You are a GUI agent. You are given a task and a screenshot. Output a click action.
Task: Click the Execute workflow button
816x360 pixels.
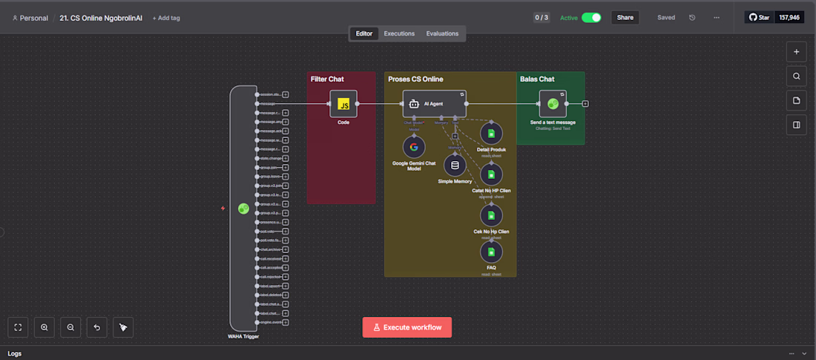pos(407,327)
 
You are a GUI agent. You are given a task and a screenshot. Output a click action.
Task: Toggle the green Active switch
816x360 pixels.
pos(591,17)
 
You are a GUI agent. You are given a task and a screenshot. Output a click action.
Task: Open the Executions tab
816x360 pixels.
pos(399,33)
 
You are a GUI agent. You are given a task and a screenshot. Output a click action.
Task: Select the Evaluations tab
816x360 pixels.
pos(442,33)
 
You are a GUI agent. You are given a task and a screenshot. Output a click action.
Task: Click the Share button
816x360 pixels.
pos(625,17)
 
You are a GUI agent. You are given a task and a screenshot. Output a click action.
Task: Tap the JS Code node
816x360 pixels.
pos(343,104)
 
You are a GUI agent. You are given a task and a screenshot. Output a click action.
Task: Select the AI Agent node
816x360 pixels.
pos(434,104)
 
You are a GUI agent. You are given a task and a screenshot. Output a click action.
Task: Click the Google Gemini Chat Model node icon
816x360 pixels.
pos(414,146)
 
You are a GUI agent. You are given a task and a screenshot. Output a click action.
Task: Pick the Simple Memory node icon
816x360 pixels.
pos(455,165)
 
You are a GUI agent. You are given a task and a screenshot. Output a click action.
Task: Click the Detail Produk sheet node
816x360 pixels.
pos(490,134)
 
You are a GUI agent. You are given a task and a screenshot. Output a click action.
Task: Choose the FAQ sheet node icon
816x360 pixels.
pos(490,252)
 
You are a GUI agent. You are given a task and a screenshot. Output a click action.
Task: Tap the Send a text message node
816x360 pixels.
pos(553,104)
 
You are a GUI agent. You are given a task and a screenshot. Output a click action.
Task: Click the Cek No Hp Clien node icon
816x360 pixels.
pos(490,216)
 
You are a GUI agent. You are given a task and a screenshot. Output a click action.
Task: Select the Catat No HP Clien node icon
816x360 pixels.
pos(490,174)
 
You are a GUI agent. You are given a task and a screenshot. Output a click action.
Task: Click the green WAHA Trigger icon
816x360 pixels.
pos(243,209)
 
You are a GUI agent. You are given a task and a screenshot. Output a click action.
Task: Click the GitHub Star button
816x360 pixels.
pos(759,17)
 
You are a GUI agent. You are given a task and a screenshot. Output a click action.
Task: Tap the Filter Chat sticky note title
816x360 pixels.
pos(327,79)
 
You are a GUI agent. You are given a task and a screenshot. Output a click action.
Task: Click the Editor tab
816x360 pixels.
pos(364,33)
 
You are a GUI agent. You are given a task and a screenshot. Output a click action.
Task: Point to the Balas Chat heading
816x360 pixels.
pos(537,79)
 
